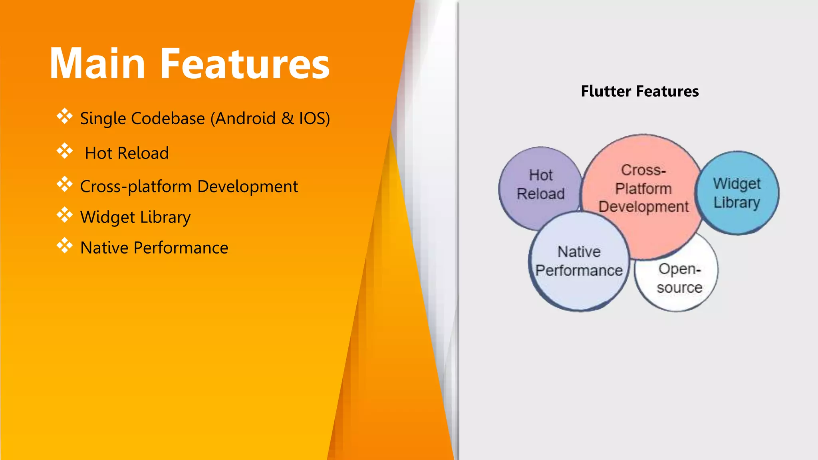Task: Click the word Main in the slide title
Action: coord(97,64)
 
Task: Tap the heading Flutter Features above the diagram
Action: coord(639,91)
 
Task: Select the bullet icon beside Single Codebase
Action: coord(64,116)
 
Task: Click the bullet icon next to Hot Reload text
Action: coord(64,151)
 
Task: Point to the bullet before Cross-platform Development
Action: coord(64,184)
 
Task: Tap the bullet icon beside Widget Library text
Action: coord(64,215)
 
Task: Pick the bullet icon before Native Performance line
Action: coord(64,246)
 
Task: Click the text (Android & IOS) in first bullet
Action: coord(270,119)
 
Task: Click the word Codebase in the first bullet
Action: coord(168,119)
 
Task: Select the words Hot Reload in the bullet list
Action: coord(127,153)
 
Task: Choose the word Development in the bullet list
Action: coord(247,186)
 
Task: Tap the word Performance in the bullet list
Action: coord(181,248)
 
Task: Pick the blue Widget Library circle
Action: coord(737,193)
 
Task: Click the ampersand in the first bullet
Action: coord(287,119)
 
